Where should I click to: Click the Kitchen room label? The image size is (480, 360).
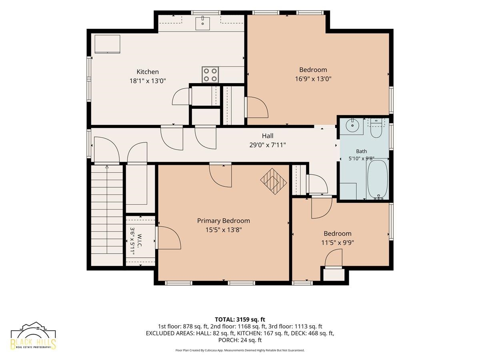click(x=148, y=72)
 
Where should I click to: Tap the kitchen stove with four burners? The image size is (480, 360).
click(x=210, y=75)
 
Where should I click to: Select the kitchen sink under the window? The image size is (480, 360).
click(x=202, y=23)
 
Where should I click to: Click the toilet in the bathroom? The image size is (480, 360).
click(x=376, y=129)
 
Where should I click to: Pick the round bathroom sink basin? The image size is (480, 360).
click(x=352, y=126)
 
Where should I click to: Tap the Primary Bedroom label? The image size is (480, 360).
click(x=224, y=220)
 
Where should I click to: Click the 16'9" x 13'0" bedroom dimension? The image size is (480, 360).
click(x=313, y=79)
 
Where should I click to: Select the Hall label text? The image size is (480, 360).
click(x=268, y=136)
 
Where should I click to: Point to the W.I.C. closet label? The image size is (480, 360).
click(x=140, y=241)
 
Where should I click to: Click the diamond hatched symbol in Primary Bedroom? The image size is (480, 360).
click(x=273, y=181)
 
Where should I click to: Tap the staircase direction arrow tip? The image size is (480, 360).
click(x=107, y=166)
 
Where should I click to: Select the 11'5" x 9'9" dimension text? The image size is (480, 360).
click(x=338, y=243)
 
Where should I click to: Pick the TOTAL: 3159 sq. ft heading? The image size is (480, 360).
click(x=240, y=319)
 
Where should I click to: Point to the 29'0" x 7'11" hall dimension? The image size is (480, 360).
click(x=268, y=145)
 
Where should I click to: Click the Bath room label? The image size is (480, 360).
click(x=362, y=151)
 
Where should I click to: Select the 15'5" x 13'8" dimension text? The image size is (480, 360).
click(x=224, y=230)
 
